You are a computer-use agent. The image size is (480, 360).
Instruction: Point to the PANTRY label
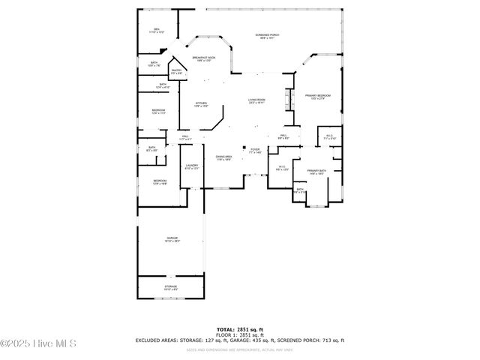(x=176, y=72)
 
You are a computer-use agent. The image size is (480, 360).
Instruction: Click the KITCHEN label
(x=201, y=104)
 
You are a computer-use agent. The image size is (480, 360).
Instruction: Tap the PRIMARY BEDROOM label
(x=318, y=97)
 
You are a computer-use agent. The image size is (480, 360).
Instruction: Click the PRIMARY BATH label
(x=316, y=172)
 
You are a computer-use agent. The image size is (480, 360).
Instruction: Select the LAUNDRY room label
(x=192, y=166)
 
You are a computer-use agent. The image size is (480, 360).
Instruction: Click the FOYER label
(x=255, y=151)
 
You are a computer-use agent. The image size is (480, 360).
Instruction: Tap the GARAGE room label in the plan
(x=172, y=239)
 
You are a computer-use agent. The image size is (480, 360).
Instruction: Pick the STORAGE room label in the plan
(x=171, y=287)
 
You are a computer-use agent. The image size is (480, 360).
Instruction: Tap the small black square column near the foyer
(x=244, y=148)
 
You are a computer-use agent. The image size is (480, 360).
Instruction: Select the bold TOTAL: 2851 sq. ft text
(x=240, y=329)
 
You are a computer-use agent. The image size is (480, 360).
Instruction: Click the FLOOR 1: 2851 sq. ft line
(x=240, y=334)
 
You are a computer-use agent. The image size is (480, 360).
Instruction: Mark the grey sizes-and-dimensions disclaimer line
(x=240, y=349)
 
